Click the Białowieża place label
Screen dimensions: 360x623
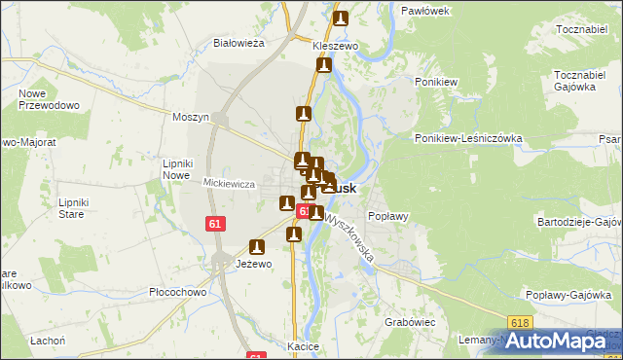tap(239, 43)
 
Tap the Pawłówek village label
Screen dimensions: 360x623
tap(424, 10)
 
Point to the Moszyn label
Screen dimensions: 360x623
tap(191, 117)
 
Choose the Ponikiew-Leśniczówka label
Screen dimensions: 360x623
tap(468, 138)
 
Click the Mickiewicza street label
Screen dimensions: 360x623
tap(229, 183)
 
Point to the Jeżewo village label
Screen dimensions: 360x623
tap(254, 264)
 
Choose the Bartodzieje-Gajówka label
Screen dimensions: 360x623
tap(579, 222)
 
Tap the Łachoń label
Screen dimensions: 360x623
tap(47, 340)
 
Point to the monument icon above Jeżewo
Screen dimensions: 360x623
tap(258, 247)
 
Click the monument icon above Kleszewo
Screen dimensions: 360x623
tap(341, 18)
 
